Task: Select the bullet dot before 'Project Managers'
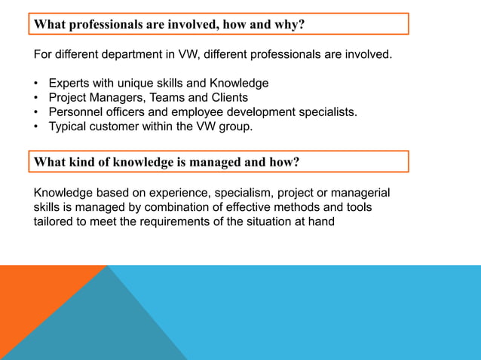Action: [37, 98]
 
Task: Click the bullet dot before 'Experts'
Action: [37, 84]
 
